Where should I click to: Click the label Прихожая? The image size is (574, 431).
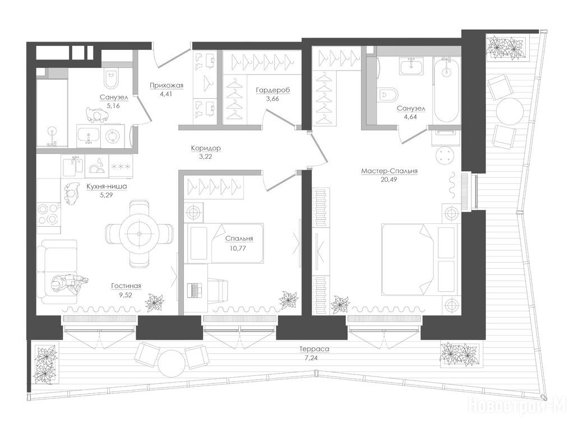click(166, 86)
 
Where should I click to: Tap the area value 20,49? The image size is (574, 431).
click(389, 180)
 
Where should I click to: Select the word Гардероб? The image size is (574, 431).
click(273, 90)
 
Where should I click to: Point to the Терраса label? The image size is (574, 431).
click(314, 349)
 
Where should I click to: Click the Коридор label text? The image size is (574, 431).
click(206, 148)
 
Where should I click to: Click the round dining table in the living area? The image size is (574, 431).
click(139, 233)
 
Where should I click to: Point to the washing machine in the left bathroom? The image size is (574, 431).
click(112, 136)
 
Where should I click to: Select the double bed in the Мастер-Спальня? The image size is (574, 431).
click(419, 259)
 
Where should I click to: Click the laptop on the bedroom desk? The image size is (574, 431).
click(195, 290)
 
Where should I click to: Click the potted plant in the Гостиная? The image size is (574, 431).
click(155, 302)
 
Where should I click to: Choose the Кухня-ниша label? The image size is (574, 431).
click(107, 186)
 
